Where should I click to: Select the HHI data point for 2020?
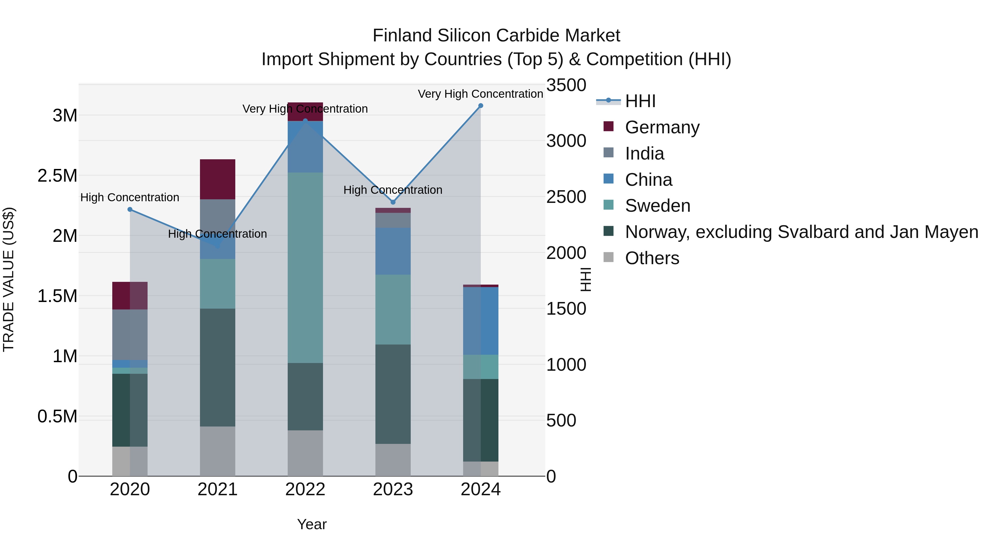pyautogui.click(x=130, y=210)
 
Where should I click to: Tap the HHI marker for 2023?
pyautogui.click(x=393, y=202)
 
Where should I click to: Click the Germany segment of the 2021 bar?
pyautogui.click(x=217, y=179)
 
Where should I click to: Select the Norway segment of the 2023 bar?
pyautogui.click(x=393, y=394)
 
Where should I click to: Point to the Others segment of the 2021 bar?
pyautogui.click(x=217, y=451)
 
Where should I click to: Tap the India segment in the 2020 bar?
pyautogui.click(x=130, y=335)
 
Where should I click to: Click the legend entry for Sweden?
pyautogui.click(x=657, y=206)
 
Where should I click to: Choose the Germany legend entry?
pyautogui.click(x=662, y=127)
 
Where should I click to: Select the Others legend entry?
pyautogui.click(x=652, y=258)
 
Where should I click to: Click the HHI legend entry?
pyautogui.click(x=640, y=101)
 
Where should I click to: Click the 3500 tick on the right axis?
pyautogui.click(x=566, y=85)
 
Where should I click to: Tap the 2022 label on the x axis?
pyautogui.click(x=305, y=489)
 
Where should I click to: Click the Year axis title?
pyautogui.click(x=312, y=524)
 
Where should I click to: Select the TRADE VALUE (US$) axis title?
pyautogui.click(x=9, y=279)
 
